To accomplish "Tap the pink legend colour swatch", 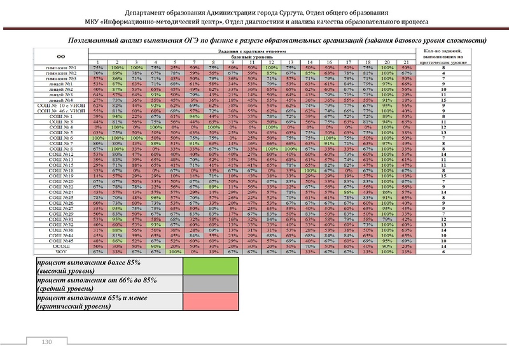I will [x=208, y=302].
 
